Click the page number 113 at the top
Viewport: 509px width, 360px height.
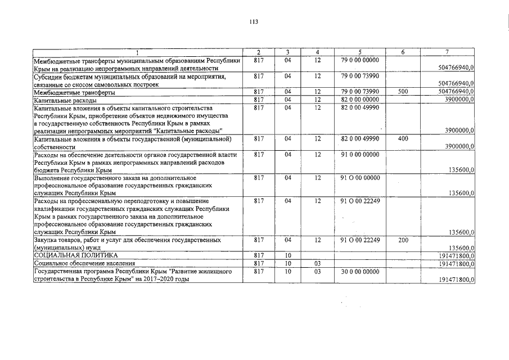pos(254,22)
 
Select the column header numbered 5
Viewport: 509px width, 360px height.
pos(359,52)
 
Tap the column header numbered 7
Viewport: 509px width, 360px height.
pos(446,52)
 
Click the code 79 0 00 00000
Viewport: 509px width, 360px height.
pos(360,60)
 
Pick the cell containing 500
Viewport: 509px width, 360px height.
pos(402,92)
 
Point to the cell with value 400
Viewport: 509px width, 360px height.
pos(402,138)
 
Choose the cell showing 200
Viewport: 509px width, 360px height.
pos(402,240)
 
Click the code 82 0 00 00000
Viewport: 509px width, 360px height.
pos(360,99)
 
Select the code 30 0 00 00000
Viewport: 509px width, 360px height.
pos(360,271)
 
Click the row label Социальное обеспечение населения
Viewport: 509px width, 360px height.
pos(84,263)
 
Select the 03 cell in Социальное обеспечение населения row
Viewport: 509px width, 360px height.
pos(317,263)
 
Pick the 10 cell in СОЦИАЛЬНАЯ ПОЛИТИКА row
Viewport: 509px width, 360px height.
pos(287,255)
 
